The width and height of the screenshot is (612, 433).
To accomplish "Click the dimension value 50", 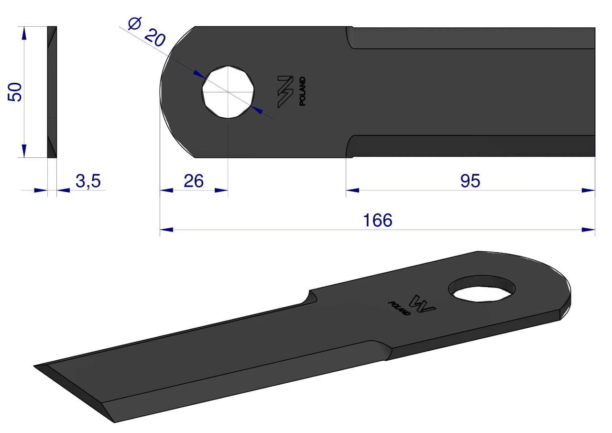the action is tap(14, 92).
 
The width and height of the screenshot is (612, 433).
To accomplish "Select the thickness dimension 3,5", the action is tap(88, 181).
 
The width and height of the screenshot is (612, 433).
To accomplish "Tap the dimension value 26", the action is tap(194, 181).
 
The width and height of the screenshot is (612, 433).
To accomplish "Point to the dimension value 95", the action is tap(470, 181).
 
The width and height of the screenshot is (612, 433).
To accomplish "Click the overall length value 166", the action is tap(378, 220).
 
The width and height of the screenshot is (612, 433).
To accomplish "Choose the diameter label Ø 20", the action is tap(147, 32).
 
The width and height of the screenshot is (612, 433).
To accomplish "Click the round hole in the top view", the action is tap(228, 92).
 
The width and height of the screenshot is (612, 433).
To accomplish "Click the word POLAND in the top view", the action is tap(302, 91).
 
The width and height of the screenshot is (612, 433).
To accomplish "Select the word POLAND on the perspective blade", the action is tap(399, 308).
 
